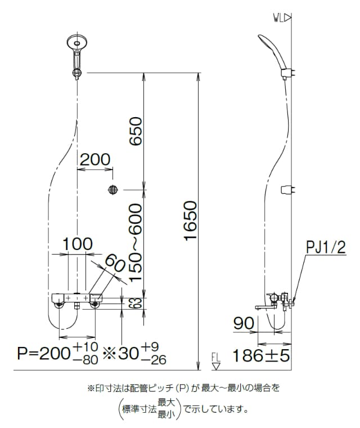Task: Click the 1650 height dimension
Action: click(x=190, y=221)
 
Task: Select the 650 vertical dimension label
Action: click(x=136, y=131)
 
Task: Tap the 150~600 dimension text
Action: click(x=136, y=242)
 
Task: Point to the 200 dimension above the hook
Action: click(x=95, y=159)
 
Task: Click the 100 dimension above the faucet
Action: click(x=78, y=244)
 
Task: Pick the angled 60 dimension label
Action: click(x=115, y=263)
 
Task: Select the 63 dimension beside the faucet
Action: click(x=138, y=303)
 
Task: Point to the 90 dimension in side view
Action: click(x=244, y=323)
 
